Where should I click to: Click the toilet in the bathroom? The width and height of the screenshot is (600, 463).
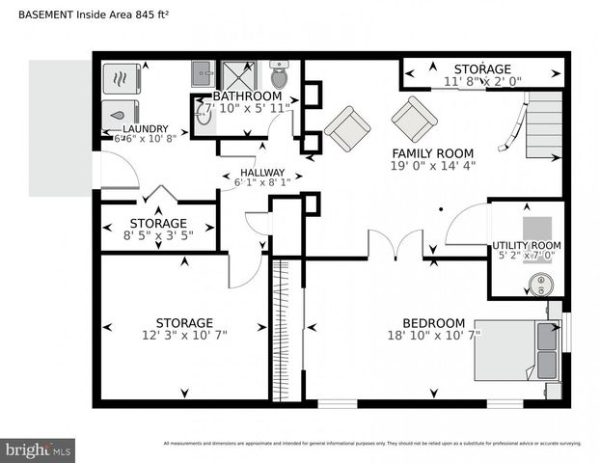coord(279,74)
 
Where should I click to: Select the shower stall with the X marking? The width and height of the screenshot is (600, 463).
coord(234,75)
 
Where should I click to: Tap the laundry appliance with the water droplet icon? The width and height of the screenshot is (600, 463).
coord(123,111)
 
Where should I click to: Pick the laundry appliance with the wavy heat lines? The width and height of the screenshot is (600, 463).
coord(123,78)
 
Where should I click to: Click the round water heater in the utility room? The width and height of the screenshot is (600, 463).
coord(542,284)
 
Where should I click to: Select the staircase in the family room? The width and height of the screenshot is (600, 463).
coord(543,124)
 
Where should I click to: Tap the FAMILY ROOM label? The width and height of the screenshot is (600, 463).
coord(432,153)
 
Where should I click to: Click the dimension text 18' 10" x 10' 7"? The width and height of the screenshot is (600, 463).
coord(432,336)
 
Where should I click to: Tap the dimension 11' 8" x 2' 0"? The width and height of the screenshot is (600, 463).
coord(482,83)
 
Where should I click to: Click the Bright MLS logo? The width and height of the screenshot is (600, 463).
coord(39,449)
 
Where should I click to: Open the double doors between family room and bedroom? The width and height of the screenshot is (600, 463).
coord(395,245)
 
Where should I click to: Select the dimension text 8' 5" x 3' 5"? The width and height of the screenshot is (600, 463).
coord(157,235)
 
